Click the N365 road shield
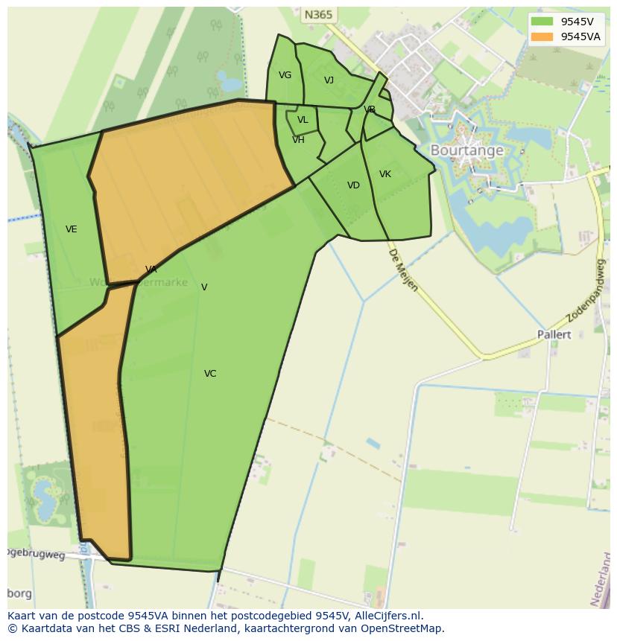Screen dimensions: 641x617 [318, 15]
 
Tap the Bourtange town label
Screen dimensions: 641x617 [467, 150]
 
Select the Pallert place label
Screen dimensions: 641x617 [554, 335]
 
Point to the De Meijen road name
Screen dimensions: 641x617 [402, 270]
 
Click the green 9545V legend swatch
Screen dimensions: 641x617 [542, 22]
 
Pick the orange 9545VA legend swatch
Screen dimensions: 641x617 [542, 36]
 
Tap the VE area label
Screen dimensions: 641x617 [72, 229]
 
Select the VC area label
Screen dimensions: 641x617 [210, 374]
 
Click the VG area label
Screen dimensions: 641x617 [285, 75]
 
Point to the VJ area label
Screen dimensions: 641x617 [329, 80]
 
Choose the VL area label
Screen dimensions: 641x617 [303, 120]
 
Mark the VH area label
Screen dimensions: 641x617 [298, 140]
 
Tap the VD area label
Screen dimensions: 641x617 [353, 185]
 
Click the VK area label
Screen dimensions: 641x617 [385, 174]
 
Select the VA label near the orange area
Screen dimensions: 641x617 [151, 270]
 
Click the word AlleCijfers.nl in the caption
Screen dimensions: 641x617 [388, 616]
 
